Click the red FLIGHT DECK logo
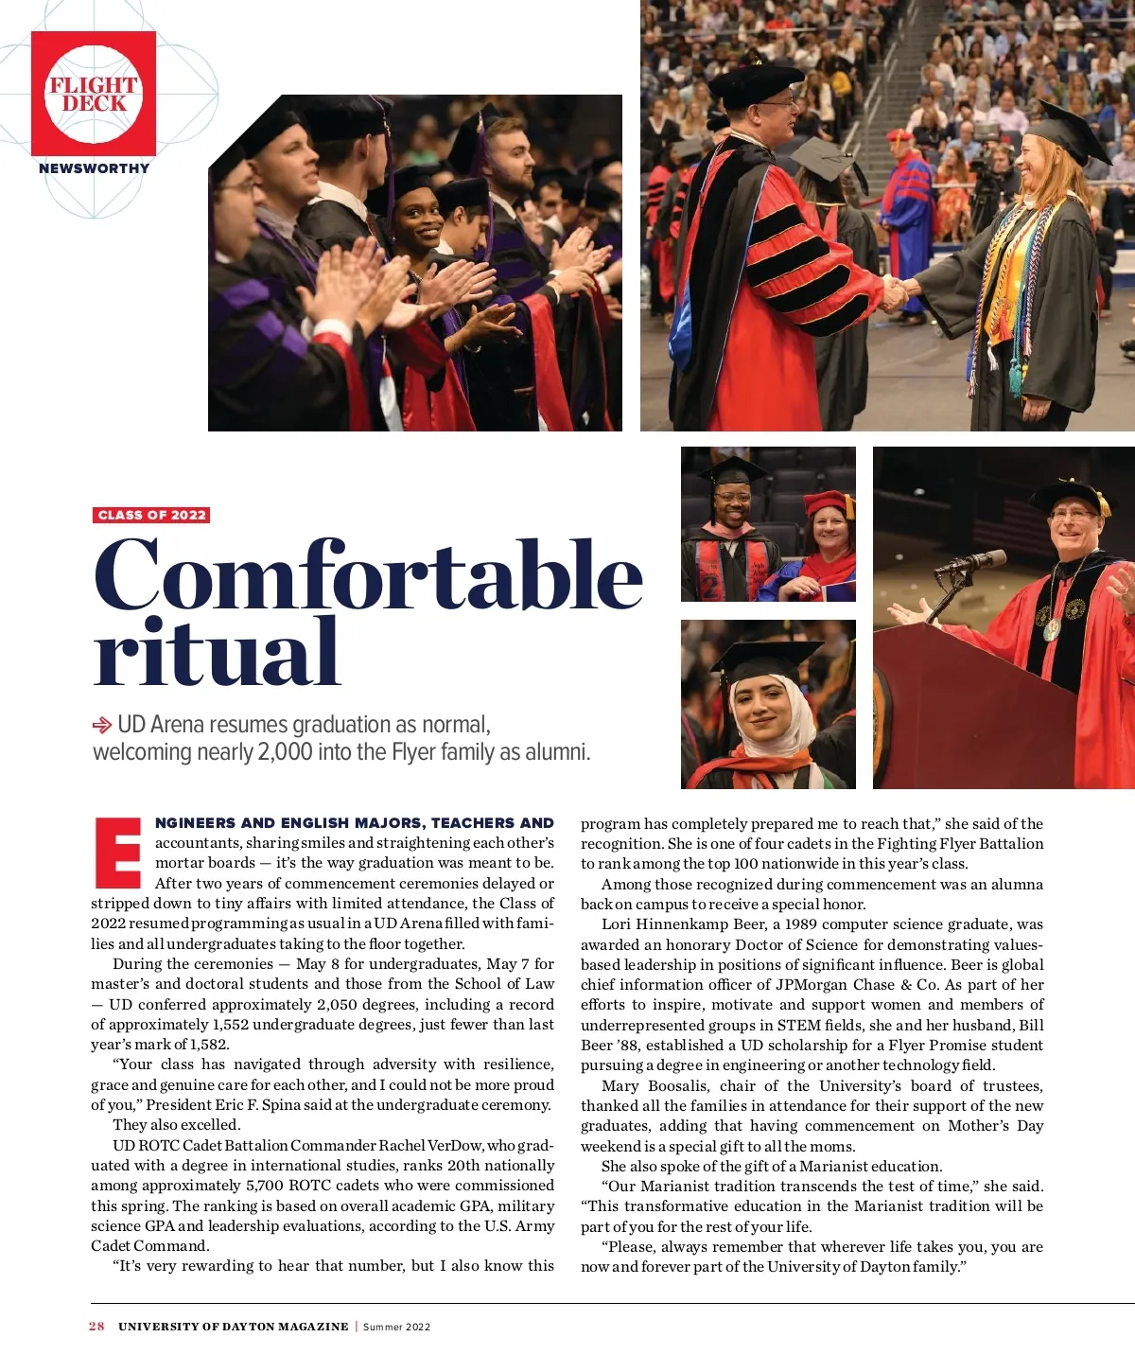click(94, 94)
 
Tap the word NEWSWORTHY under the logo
click(94, 168)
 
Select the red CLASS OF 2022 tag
click(151, 515)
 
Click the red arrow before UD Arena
click(101, 726)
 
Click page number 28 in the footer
click(96, 1327)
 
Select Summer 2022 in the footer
click(397, 1327)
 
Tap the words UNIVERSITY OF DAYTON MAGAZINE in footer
click(233, 1327)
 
